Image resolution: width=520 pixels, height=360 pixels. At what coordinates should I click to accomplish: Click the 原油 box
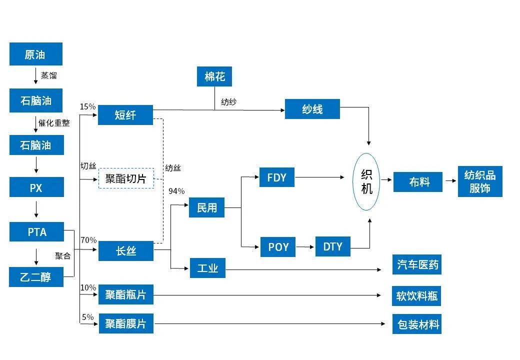click(x=35, y=54)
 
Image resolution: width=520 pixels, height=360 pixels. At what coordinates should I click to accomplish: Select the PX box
click(x=35, y=188)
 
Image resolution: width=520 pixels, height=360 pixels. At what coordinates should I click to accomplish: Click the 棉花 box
click(x=214, y=76)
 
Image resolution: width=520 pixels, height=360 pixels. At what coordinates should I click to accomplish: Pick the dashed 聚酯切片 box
click(x=125, y=178)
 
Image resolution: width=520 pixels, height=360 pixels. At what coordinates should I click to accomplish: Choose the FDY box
click(x=276, y=177)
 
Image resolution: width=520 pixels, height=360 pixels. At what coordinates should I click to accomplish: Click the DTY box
click(x=332, y=246)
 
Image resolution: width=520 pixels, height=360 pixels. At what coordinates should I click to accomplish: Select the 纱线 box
click(x=312, y=109)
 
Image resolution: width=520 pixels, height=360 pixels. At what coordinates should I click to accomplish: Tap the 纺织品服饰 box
click(x=479, y=181)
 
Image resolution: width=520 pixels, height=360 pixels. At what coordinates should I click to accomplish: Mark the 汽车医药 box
click(x=417, y=264)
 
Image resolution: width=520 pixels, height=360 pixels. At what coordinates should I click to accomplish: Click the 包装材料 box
click(x=417, y=324)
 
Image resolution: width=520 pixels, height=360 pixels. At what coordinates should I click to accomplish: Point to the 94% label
click(x=176, y=191)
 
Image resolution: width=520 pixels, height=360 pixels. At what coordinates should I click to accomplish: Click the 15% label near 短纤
click(x=87, y=106)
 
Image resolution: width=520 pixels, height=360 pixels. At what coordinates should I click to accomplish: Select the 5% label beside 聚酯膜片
click(x=87, y=317)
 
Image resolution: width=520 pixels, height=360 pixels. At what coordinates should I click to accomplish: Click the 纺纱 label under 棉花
click(x=228, y=102)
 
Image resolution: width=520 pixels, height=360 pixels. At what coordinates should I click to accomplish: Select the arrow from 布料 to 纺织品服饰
click(x=450, y=181)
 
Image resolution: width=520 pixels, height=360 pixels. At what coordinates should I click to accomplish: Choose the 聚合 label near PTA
click(x=62, y=255)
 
